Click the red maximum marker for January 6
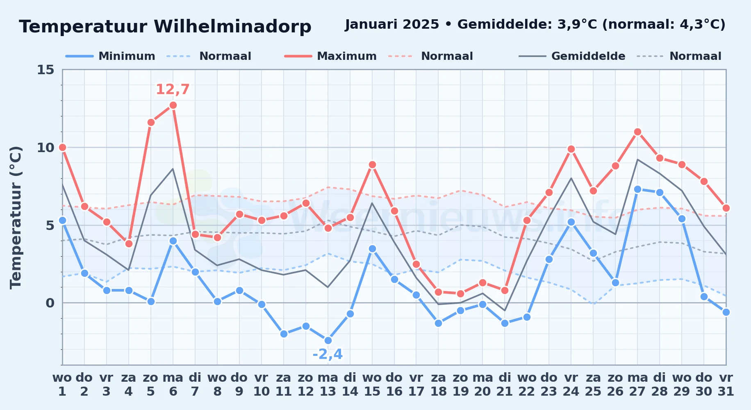(x=173, y=105)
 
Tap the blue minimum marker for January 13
(x=328, y=340)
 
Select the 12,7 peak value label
(x=173, y=89)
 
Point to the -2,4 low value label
(x=328, y=354)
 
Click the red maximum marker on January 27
(x=637, y=132)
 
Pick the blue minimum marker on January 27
(x=637, y=189)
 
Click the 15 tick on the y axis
(x=46, y=70)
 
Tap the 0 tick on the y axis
(x=50, y=303)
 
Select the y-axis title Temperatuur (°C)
(x=16, y=218)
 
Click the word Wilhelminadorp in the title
(x=232, y=27)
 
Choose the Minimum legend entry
(x=110, y=56)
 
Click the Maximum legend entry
(x=330, y=56)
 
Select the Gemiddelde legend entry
(x=572, y=56)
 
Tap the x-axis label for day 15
(x=372, y=385)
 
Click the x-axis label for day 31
(x=726, y=385)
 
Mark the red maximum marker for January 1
(x=62, y=147)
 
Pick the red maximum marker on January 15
(x=372, y=165)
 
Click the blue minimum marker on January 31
(x=726, y=312)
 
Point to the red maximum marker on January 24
(x=571, y=149)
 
